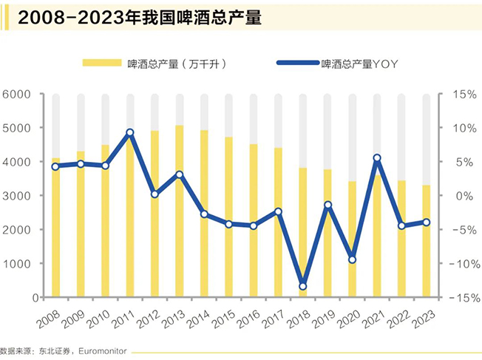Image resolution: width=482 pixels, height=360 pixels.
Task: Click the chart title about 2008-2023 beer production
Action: click(x=140, y=18)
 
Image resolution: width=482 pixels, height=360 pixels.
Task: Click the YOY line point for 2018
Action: click(x=302, y=286)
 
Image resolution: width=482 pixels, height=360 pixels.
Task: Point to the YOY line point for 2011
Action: click(x=129, y=133)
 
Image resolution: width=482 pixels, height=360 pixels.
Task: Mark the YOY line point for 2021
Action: click(x=376, y=158)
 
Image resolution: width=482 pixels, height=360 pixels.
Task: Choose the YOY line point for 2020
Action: click(x=352, y=259)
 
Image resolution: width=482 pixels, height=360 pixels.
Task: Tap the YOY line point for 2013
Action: click(x=179, y=174)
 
